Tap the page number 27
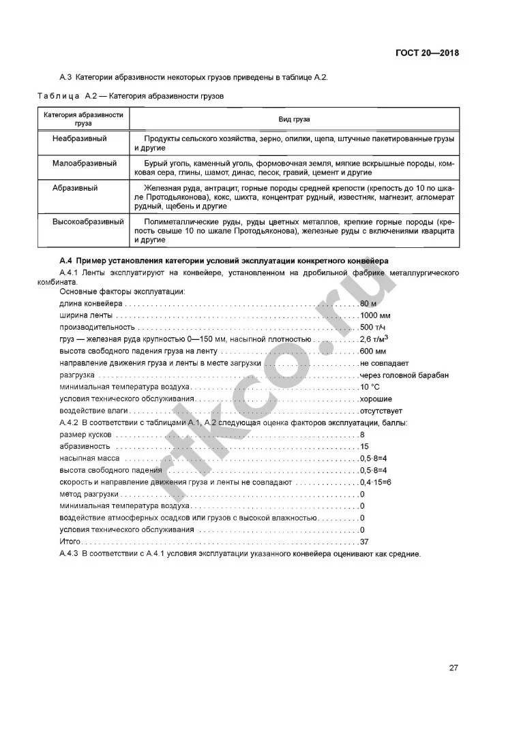tap(453, 667)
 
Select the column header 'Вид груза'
tap(294, 120)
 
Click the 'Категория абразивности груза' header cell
tap(84, 119)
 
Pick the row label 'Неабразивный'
tap(80, 138)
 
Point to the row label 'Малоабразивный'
tap(84, 163)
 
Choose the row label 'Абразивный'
tap(75, 187)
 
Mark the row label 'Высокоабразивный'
tap(88, 221)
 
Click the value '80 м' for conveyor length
tap(368, 303)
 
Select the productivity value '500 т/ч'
tap(372, 327)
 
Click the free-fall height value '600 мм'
tap(373, 351)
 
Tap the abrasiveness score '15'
tap(364, 447)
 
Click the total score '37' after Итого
tap(364, 542)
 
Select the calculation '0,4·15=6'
tap(376, 482)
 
